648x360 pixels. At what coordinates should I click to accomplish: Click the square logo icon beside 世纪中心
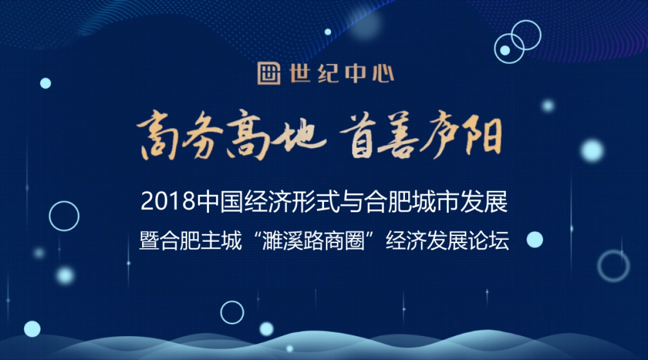click(x=269, y=73)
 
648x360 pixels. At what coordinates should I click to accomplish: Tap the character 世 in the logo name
click(x=298, y=73)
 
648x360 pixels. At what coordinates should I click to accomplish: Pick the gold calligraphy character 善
click(x=410, y=137)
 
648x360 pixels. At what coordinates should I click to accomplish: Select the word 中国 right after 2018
click(x=221, y=202)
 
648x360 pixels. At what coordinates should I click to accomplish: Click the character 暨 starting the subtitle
click(x=147, y=240)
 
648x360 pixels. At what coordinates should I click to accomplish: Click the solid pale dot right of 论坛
click(x=534, y=240)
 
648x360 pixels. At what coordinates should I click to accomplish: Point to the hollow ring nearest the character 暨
click(x=64, y=216)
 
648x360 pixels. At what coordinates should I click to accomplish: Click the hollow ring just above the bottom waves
click(x=232, y=312)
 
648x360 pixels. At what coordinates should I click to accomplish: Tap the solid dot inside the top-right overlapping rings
click(x=505, y=50)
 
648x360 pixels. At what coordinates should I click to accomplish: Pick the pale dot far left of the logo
click(x=45, y=83)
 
